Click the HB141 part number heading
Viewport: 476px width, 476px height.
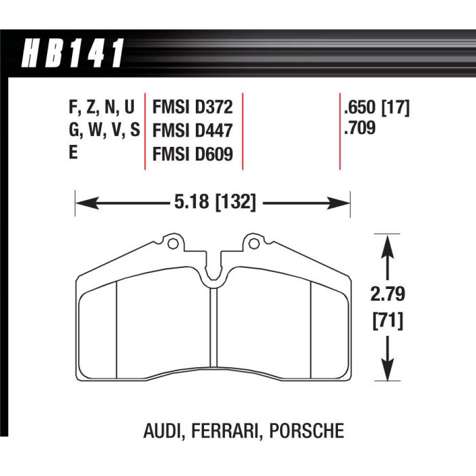[73, 54]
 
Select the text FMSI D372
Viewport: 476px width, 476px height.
[192, 107]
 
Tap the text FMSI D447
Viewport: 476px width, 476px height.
[192, 131]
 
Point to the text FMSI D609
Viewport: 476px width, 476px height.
[192, 154]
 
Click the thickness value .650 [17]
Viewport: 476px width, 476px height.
[377, 107]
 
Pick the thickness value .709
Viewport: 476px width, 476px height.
[360, 126]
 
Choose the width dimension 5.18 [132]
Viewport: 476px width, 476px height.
[212, 202]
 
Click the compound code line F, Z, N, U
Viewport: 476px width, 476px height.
[102, 107]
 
